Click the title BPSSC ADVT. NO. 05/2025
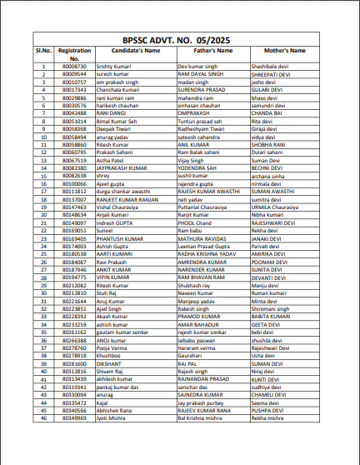point(180,37)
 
